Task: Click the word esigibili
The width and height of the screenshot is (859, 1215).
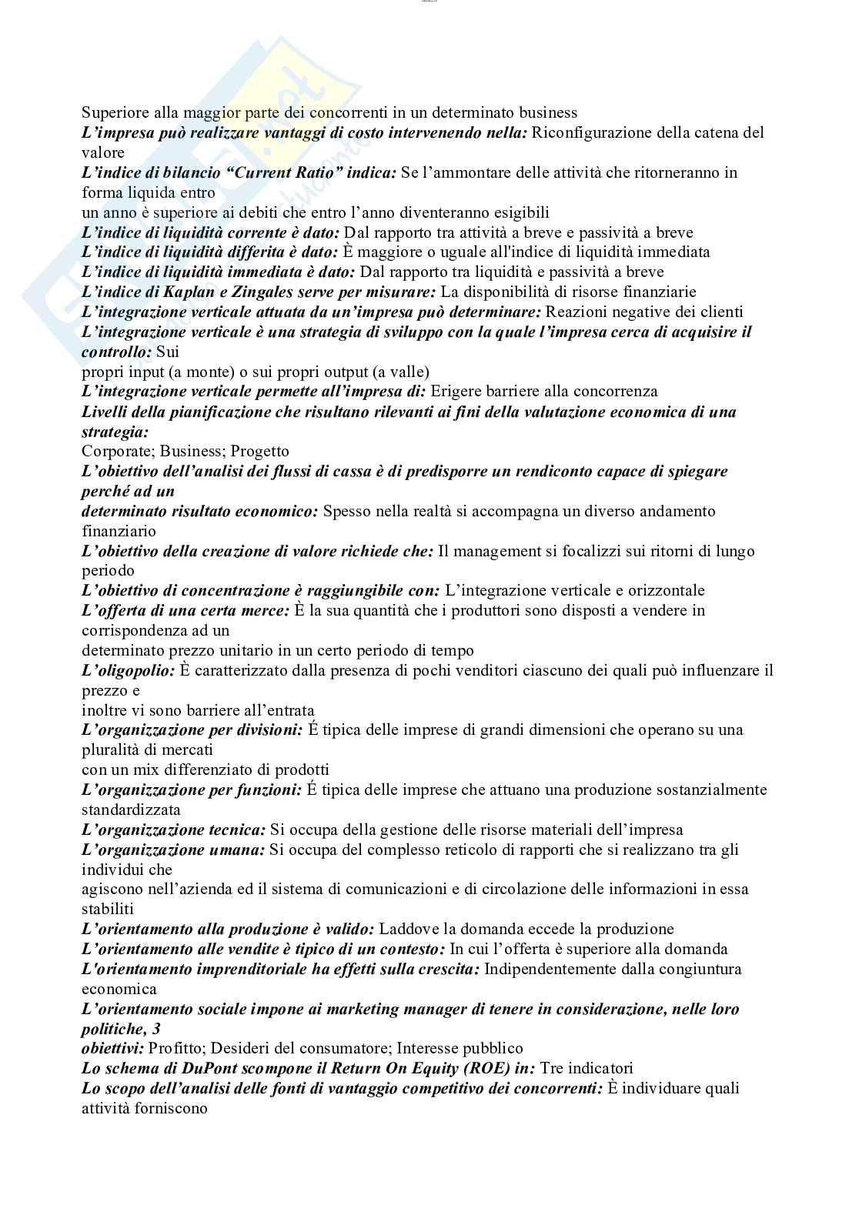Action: click(518, 212)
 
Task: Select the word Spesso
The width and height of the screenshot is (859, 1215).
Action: click(346, 511)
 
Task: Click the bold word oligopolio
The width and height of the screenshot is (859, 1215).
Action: click(128, 670)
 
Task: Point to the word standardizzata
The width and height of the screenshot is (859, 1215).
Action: click(131, 809)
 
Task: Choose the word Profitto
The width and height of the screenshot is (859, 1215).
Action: click(175, 1048)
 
